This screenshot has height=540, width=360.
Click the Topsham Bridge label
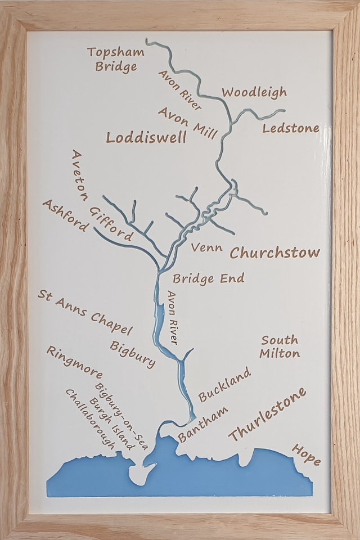coord(116,60)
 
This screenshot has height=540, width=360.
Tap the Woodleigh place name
coord(254,92)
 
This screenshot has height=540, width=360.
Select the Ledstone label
coord(291,128)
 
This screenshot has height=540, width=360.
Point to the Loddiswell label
coord(146,138)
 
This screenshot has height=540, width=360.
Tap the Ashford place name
coord(65,215)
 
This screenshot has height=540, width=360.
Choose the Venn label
coord(206,247)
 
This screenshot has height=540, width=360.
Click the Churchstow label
coord(274,253)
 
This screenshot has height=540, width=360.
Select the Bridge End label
coord(208,278)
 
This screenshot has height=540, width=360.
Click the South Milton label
coord(280,347)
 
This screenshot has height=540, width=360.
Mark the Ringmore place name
coord(74,362)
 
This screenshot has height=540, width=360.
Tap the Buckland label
coord(223,384)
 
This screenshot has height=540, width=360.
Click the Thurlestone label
coord(267,415)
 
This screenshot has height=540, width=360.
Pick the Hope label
coord(306,454)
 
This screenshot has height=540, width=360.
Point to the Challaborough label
coord(90,418)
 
